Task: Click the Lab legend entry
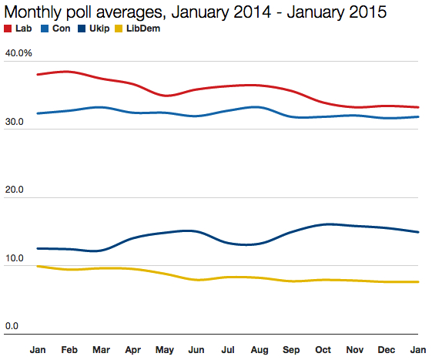pyautogui.click(x=20, y=29)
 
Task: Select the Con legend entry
pyautogui.click(x=62, y=29)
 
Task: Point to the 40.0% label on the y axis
pyautogui.click(x=18, y=53)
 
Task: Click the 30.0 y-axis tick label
pyautogui.click(x=16, y=122)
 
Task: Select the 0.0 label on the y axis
pyautogui.click(x=12, y=326)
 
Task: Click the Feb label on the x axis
pyautogui.click(x=69, y=350)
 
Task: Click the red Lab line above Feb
pyautogui.click(x=69, y=72)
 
